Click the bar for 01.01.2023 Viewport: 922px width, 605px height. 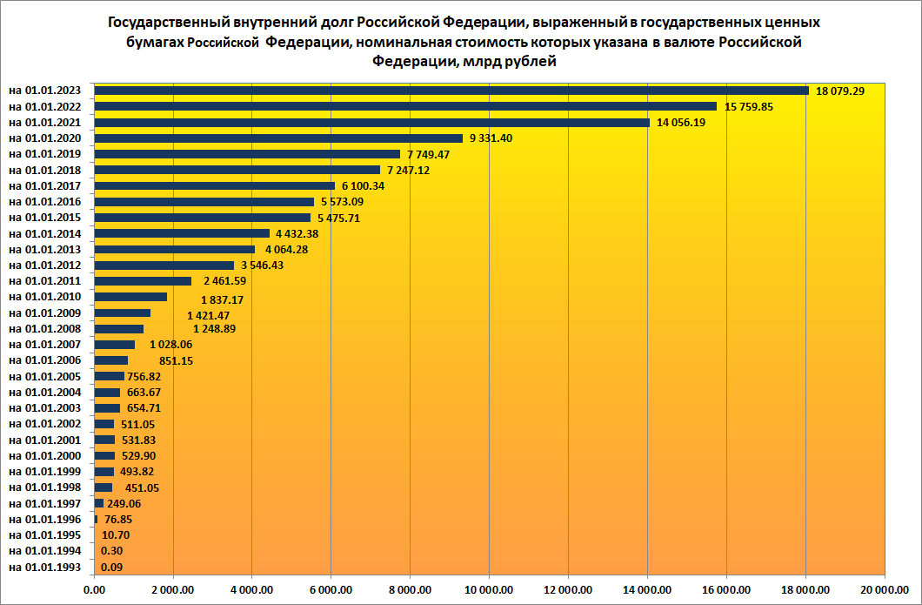pyautogui.click(x=451, y=91)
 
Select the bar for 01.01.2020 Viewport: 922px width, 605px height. pyautogui.click(x=278, y=138)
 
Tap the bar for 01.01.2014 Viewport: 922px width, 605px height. pyautogui.click(x=182, y=233)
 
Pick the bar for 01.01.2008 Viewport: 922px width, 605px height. pyautogui.click(x=119, y=328)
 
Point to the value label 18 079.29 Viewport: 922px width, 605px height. pyautogui.click(x=840, y=91)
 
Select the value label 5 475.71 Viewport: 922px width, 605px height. pyautogui.click(x=340, y=218)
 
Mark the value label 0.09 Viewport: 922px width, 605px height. pyautogui.click(x=111, y=568)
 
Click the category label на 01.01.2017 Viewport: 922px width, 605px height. pyautogui.click(x=45, y=185)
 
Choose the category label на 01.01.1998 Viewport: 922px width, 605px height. pyautogui.click(x=45, y=487)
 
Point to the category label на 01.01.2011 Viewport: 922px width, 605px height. pyautogui.click(x=45, y=281)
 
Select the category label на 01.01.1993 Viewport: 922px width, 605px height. pyautogui.click(x=45, y=568)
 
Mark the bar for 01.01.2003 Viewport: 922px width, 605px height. pyautogui.click(x=107, y=407)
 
